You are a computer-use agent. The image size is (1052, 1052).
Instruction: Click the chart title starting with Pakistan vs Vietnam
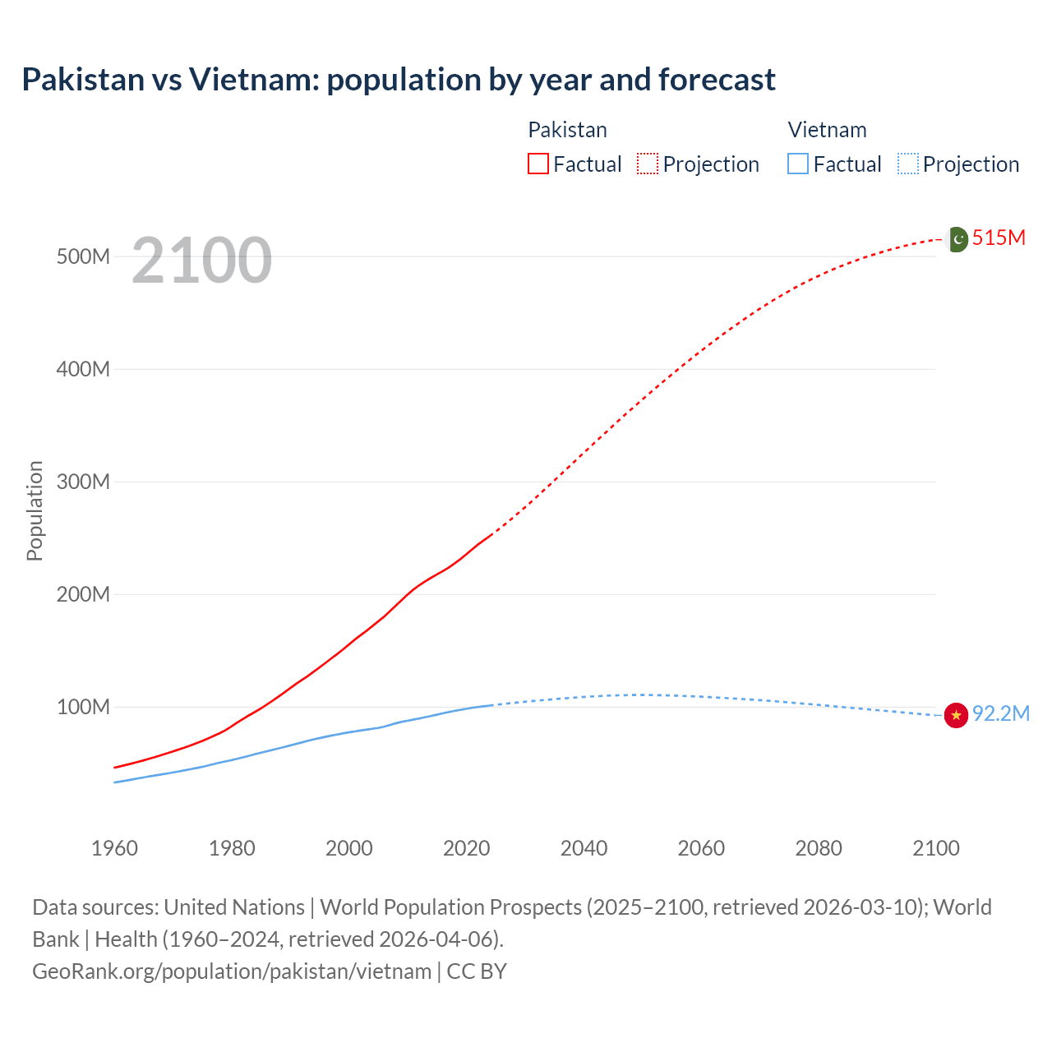pos(399,80)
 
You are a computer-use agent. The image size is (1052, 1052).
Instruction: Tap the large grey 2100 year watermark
pos(201,261)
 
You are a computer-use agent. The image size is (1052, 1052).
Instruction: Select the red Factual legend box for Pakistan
pos(538,164)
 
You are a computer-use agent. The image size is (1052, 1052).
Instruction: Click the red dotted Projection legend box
pos(648,164)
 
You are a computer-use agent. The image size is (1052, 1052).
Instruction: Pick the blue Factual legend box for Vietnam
pos(798,164)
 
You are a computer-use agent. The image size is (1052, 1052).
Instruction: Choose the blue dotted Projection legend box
pos(908,164)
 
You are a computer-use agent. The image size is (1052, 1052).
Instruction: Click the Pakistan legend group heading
pos(567,130)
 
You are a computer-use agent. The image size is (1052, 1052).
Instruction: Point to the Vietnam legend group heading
pos(827,130)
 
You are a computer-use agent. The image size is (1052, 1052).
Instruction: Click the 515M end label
pos(999,238)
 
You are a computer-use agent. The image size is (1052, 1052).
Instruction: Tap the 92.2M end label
pos(1000,713)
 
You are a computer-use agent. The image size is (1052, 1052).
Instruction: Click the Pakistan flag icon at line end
pos(957,239)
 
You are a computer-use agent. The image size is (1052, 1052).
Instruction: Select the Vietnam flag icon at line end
pos(956,715)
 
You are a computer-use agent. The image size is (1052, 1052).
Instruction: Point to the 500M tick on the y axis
pos(83,256)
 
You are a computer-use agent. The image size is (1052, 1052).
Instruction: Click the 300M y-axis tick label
pos(83,482)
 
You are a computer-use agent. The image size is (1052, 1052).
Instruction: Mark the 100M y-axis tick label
pos(83,707)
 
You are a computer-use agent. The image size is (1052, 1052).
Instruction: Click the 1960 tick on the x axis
pos(114,848)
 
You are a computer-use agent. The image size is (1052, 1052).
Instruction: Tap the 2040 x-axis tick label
pos(584,848)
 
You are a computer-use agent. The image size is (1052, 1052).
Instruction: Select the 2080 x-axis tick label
pos(819,848)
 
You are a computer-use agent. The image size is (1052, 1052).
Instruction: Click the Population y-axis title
pos(35,510)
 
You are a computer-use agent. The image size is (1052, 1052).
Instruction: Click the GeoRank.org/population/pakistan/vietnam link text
pos(232,971)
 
